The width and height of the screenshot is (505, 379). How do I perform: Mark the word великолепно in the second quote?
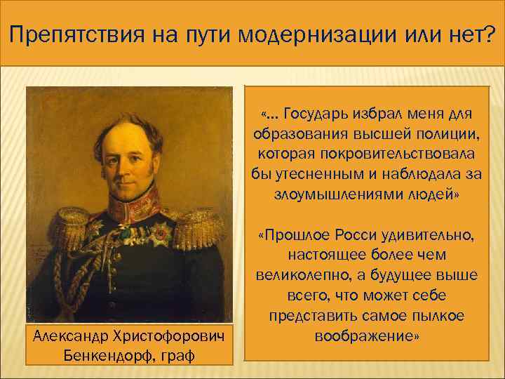pos(304,272)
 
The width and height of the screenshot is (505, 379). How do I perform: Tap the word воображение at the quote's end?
pos(368,335)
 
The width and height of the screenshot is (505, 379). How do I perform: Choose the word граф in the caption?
pos(177,354)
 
